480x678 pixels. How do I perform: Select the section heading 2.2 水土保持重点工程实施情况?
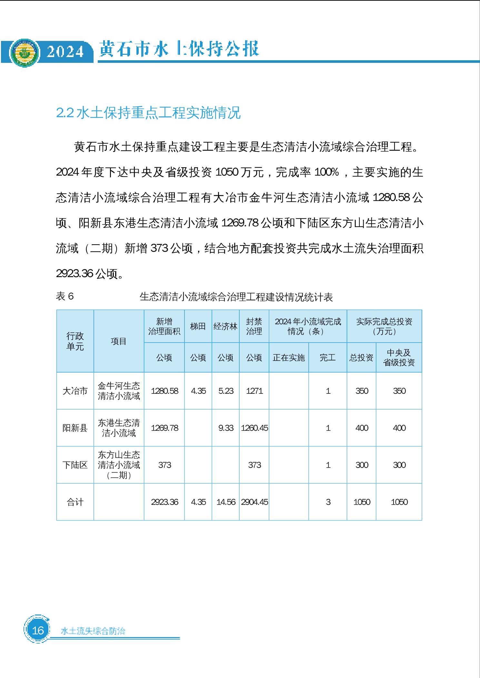[x=148, y=113]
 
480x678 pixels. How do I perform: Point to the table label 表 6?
[x=65, y=296]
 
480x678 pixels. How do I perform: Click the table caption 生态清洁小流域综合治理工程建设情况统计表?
[x=236, y=297]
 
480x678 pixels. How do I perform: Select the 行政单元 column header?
[x=75, y=341]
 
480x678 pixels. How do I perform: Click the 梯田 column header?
[x=198, y=326]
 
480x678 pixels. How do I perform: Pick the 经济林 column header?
[x=225, y=326]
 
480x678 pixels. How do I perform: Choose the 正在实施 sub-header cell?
[x=289, y=358]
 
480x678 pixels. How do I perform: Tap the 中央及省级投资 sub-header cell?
[x=399, y=358]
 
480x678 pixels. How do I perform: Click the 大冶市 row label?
[x=75, y=391]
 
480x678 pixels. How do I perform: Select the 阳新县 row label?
[x=75, y=428]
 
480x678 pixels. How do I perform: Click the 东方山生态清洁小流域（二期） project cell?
[x=119, y=465]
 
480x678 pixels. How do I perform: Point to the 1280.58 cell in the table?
[x=165, y=391]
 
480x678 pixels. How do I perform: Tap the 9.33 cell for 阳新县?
[x=226, y=428]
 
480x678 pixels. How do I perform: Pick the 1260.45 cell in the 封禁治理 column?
[x=254, y=428]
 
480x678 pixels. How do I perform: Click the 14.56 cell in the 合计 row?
[x=226, y=502]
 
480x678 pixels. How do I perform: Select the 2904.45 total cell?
[x=254, y=502]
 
